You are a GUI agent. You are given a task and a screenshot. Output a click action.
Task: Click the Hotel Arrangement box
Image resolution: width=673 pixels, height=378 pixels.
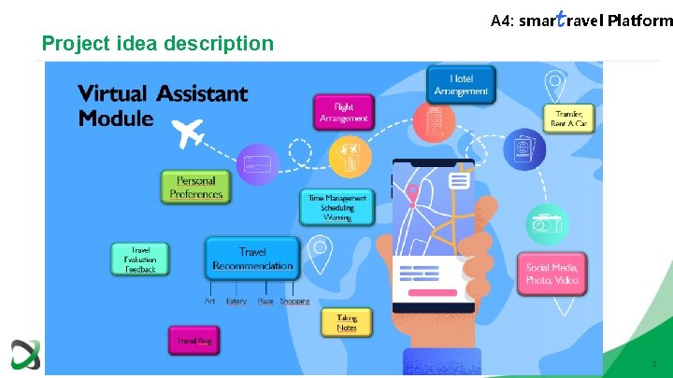[x=461, y=85]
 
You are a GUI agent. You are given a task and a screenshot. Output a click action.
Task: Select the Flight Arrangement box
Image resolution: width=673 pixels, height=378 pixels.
[x=344, y=112]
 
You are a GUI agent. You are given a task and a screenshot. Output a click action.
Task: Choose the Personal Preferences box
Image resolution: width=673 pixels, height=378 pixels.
[x=196, y=188]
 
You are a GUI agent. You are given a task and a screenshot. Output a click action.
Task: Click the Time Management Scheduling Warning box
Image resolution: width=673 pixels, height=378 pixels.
[x=336, y=207]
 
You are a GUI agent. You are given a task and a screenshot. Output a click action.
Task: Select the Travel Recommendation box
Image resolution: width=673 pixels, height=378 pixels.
[x=252, y=259]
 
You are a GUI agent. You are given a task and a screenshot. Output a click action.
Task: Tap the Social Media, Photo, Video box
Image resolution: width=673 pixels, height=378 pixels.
[x=552, y=273]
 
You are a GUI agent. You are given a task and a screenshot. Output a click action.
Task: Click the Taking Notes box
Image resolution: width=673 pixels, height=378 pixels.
[x=347, y=322]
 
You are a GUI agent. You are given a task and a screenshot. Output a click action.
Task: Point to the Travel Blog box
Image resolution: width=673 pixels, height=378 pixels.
[x=195, y=342]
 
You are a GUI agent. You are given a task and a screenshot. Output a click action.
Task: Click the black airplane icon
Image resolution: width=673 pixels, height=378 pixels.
[x=191, y=133]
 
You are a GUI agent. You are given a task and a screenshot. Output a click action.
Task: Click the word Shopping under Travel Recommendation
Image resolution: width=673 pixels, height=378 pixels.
[x=294, y=301]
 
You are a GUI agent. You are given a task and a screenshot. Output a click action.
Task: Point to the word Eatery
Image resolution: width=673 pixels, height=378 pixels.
[x=236, y=301]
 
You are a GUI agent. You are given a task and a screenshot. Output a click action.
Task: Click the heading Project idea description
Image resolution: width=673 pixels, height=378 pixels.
[x=158, y=44]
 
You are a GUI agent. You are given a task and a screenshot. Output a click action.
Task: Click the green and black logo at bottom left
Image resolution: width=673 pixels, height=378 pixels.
[x=24, y=355]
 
